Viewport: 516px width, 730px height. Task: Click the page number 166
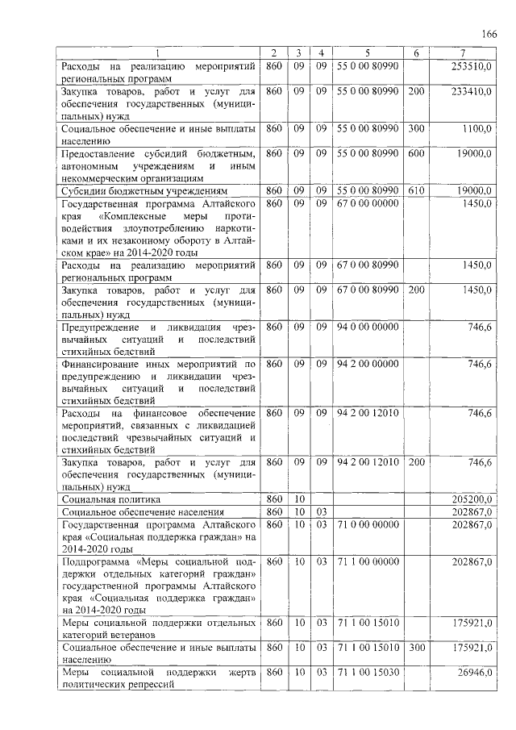pos(489,33)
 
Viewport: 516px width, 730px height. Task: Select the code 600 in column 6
pos(415,153)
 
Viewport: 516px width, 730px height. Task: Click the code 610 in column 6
pos(415,190)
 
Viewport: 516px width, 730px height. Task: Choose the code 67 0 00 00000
pos(368,203)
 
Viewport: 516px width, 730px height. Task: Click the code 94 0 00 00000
pos(368,327)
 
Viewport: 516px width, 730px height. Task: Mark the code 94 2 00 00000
pos(368,364)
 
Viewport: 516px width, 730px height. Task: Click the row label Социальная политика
pos(108,500)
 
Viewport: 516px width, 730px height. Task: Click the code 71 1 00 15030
pos(368,672)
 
